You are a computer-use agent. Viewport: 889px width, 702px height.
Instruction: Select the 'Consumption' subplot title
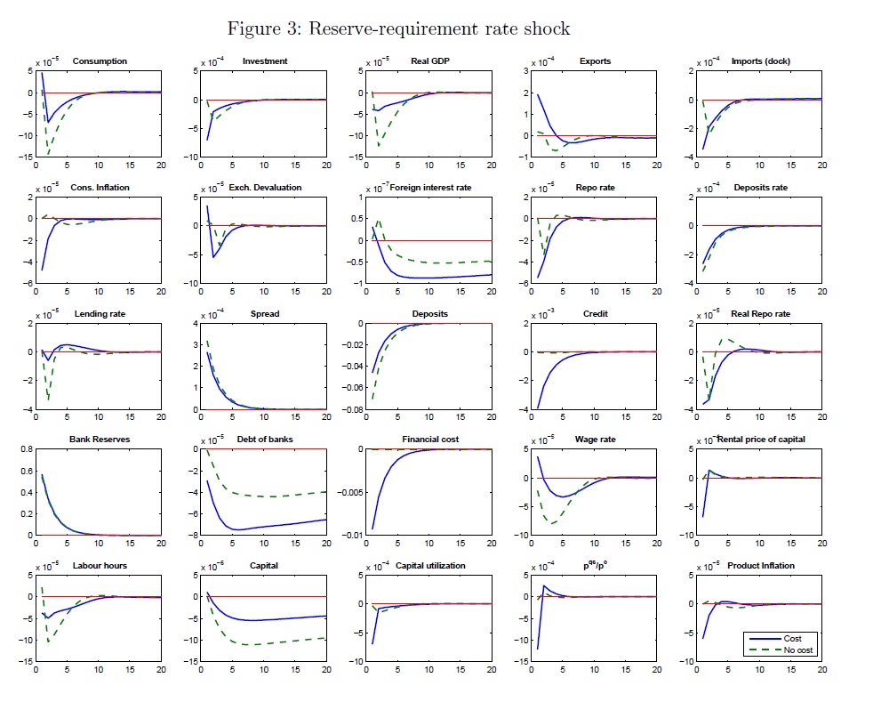pos(100,61)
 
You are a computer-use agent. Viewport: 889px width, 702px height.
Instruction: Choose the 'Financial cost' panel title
pos(430,440)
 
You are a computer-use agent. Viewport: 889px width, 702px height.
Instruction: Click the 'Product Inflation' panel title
pos(761,566)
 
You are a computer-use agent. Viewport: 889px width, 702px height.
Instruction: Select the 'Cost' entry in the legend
pos(792,639)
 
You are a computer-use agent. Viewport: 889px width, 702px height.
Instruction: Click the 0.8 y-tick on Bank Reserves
pos(26,449)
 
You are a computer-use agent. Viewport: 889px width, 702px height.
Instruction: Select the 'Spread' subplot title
pos(265,314)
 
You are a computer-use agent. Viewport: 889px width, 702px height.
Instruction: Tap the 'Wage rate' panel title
pos(596,440)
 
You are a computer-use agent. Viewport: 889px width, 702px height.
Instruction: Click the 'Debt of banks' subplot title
pos(265,440)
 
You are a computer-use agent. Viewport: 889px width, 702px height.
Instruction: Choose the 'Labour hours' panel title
pos(100,566)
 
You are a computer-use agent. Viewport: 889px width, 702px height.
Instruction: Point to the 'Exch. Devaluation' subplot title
pos(265,188)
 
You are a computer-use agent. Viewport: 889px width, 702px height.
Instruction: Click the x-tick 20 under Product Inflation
pos(821,670)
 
